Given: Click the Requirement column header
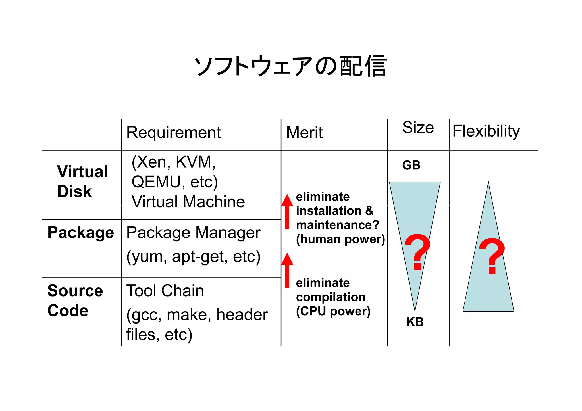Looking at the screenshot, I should (173, 132).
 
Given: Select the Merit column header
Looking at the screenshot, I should (304, 132).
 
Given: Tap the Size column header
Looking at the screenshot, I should (418, 128).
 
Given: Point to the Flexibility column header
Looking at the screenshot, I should (486, 131).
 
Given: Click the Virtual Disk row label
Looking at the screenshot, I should (82, 181).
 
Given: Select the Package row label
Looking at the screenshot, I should (81, 233).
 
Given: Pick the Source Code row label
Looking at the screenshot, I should (75, 300).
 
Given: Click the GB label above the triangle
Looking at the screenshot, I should (411, 165).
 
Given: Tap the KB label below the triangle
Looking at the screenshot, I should (415, 322).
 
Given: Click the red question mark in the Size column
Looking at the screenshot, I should (417, 251).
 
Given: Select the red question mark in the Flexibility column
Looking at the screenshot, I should (492, 256).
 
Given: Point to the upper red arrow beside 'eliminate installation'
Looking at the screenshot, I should (287, 212).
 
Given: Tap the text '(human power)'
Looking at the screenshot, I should (340, 239).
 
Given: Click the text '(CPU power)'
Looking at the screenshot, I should (333, 311).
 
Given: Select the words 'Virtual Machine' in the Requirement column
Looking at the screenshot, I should (188, 202).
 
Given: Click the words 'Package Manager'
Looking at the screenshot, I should (193, 233).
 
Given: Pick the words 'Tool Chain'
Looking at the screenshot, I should (165, 291).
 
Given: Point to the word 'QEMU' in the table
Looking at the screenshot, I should (156, 182).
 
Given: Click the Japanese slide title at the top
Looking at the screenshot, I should (290, 66).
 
